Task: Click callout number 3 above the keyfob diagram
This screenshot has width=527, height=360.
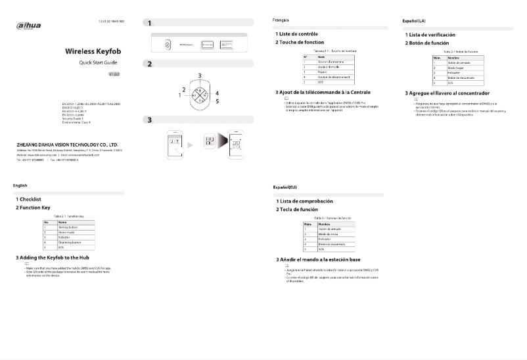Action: pyautogui.click(x=199, y=77)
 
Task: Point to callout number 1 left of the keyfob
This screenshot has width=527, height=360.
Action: pyautogui.click(x=179, y=95)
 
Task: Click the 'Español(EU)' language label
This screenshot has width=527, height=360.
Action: pyautogui.click(x=285, y=188)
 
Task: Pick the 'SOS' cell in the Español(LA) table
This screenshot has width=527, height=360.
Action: pyautogui.click(x=449, y=83)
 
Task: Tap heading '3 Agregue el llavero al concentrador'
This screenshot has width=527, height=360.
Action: pyautogui.click(x=449, y=94)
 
